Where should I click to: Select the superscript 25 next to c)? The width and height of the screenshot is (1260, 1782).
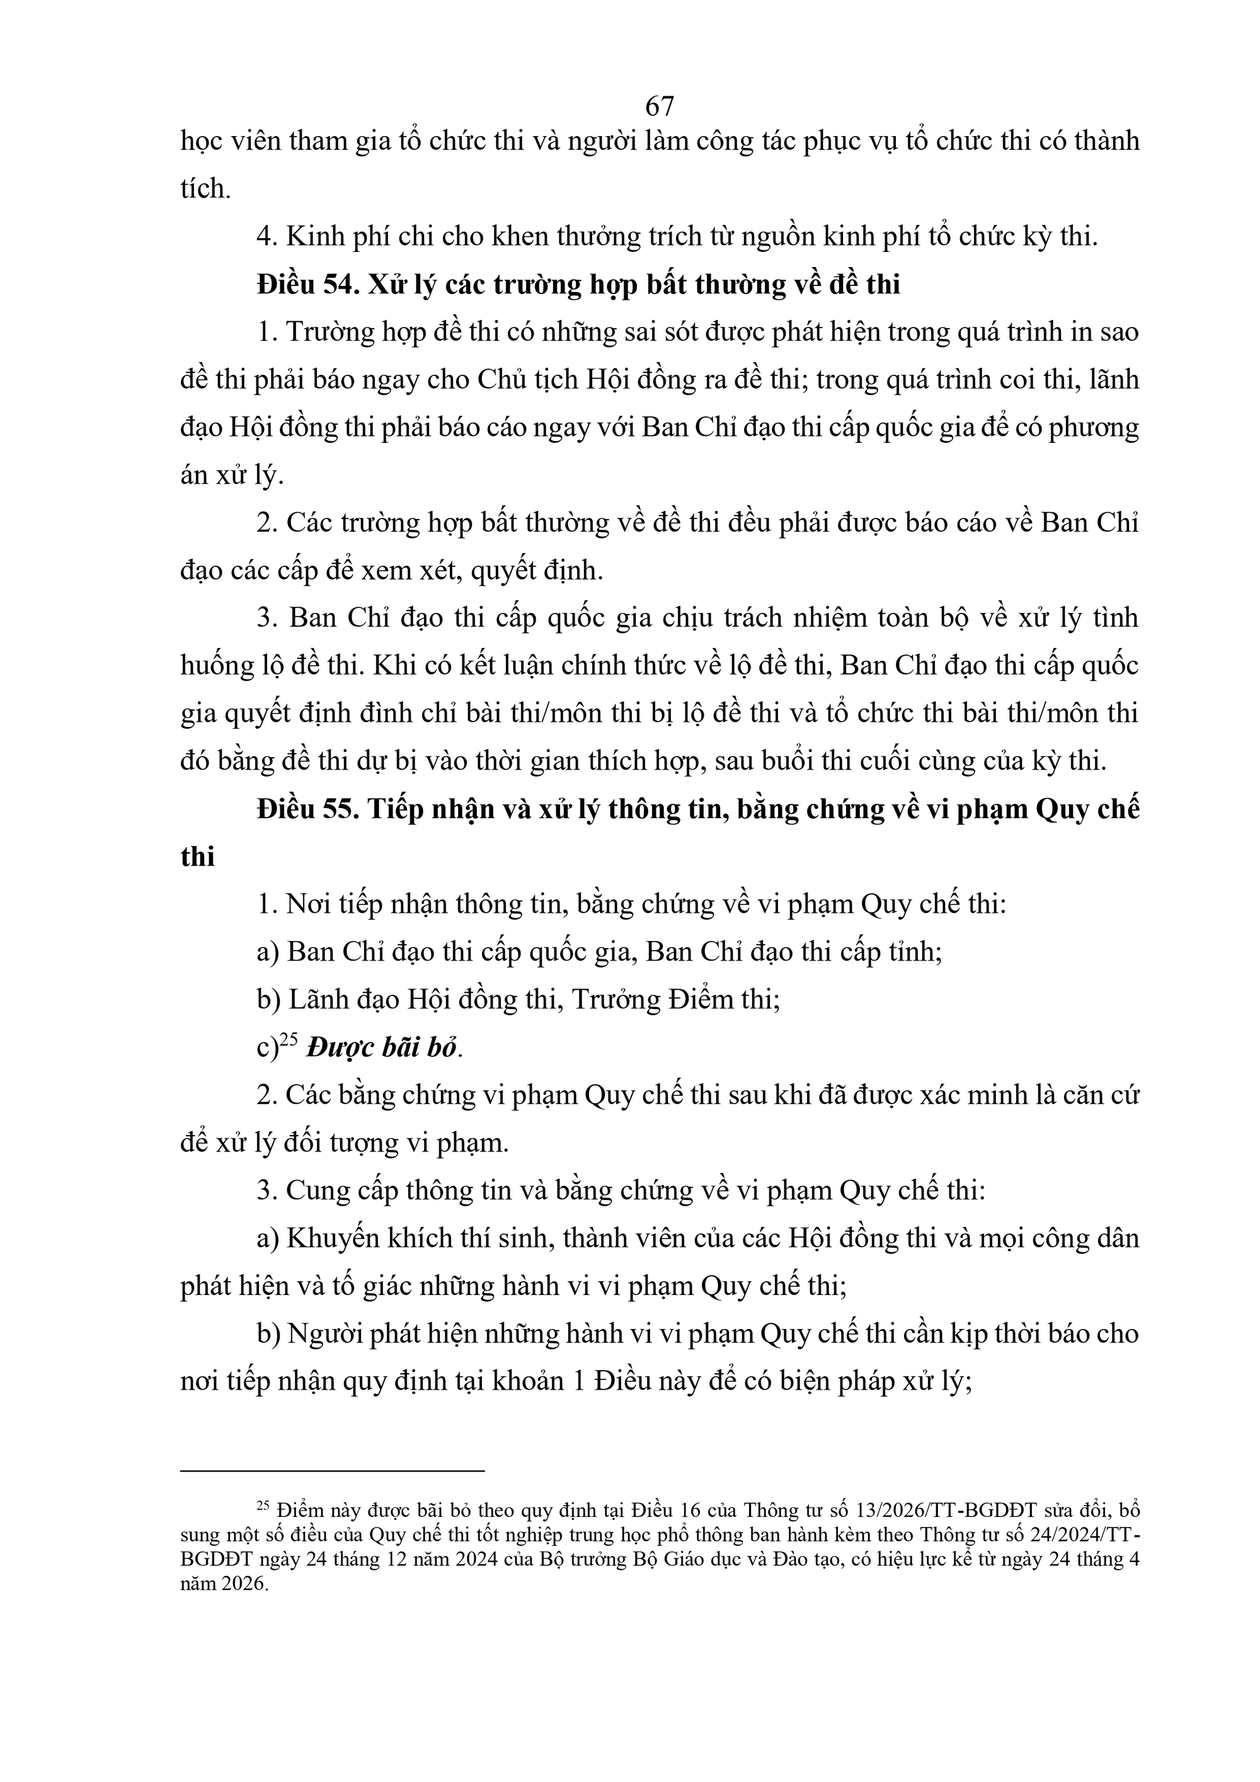click(x=289, y=1040)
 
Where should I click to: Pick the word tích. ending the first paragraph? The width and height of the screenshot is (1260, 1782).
click(x=206, y=188)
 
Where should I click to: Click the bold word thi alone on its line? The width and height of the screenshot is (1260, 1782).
click(x=197, y=857)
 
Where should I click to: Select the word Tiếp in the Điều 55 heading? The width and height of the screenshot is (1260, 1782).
click(x=397, y=809)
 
